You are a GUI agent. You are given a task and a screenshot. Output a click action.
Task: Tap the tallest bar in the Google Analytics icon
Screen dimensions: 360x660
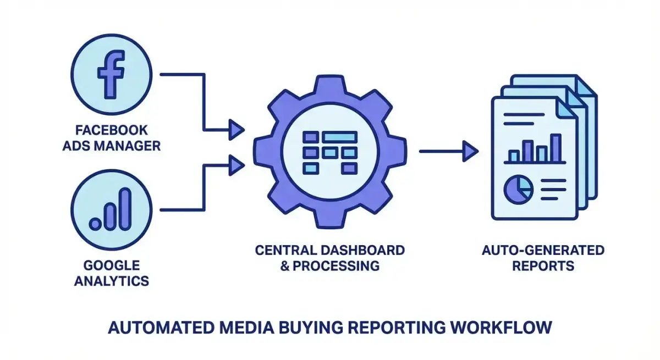tap(126, 208)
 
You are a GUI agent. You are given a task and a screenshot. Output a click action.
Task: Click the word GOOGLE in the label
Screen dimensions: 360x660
tap(112, 265)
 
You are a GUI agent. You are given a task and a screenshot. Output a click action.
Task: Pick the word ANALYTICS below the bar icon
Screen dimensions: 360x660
tap(112, 281)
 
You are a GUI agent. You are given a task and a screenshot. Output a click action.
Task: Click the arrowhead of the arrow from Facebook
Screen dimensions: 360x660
tap(237, 130)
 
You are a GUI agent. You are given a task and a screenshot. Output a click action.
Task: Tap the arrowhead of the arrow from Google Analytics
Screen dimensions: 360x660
tap(237, 163)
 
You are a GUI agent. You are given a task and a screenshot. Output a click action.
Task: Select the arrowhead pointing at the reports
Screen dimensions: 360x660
tap(470, 151)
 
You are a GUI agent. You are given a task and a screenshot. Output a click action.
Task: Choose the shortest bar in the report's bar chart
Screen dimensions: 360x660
tap(514, 157)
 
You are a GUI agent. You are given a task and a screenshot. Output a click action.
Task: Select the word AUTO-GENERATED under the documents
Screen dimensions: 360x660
tap(543, 251)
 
